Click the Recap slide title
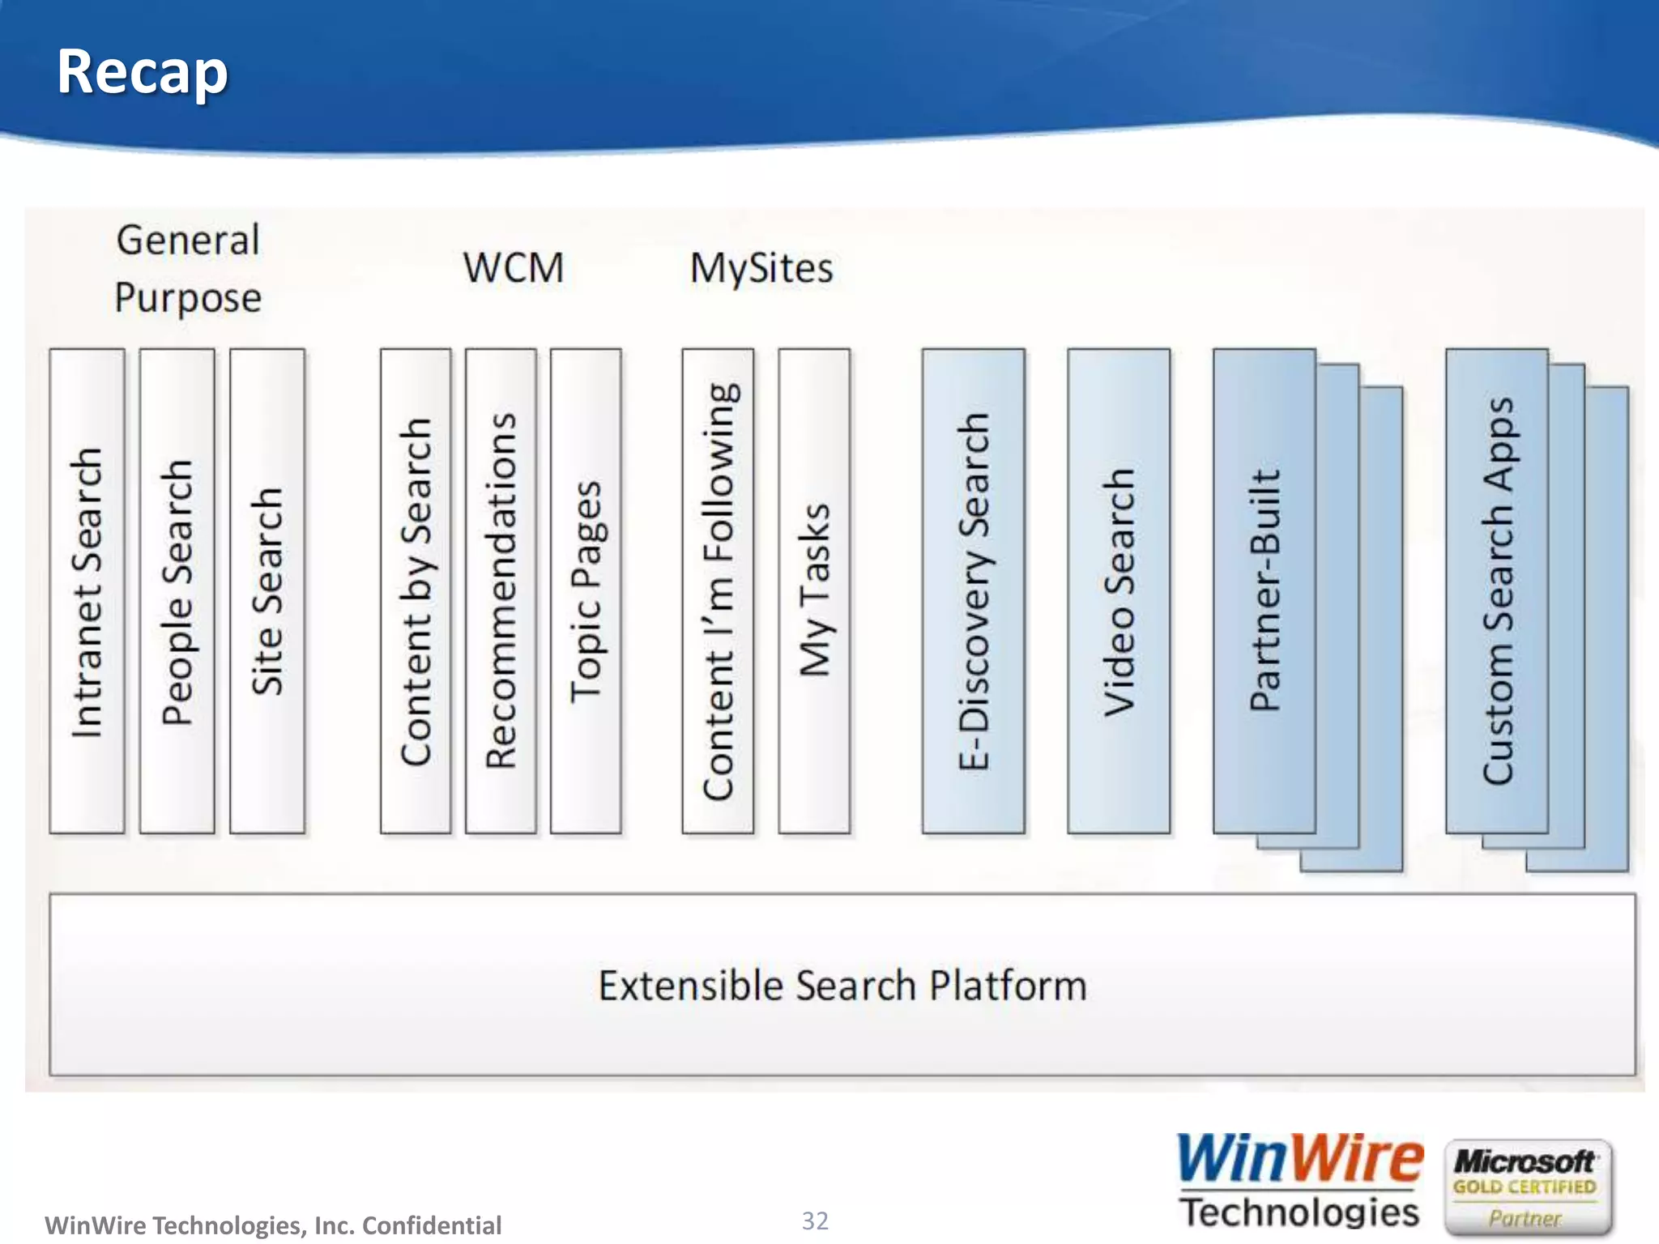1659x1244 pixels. point(143,72)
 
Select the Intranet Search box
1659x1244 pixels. point(87,591)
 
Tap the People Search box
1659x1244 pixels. point(177,591)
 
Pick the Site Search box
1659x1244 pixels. point(267,591)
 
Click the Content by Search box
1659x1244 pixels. point(416,591)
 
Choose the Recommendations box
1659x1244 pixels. point(501,591)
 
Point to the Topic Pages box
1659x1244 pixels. point(586,591)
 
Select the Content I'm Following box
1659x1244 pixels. point(718,591)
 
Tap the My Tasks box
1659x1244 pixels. point(814,591)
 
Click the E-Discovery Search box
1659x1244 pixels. point(973,591)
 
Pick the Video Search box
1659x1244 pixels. point(1119,591)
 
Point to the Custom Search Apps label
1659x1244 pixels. point(1498,591)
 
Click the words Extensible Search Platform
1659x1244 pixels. point(842,986)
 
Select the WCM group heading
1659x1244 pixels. point(514,268)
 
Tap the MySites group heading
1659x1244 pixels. point(761,268)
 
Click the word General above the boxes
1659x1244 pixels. point(188,241)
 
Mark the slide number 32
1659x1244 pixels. point(815,1221)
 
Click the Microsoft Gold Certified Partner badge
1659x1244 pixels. point(1528,1186)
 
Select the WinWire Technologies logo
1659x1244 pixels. point(1299,1180)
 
